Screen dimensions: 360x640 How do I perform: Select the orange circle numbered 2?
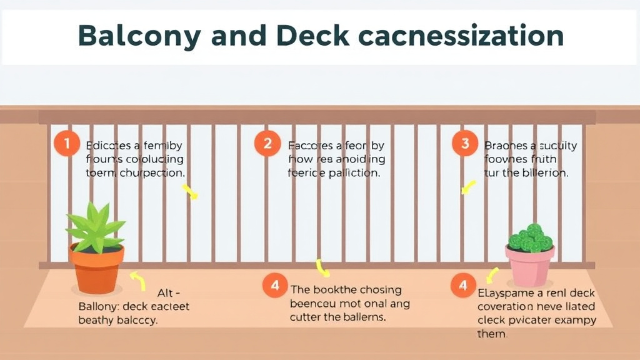pyautogui.click(x=267, y=144)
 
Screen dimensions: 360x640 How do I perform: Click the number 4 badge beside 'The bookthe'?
pyautogui.click(x=275, y=287)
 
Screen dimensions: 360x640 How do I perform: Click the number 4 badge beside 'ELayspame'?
pyautogui.click(x=463, y=286)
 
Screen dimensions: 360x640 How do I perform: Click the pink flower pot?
pyautogui.click(x=529, y=265)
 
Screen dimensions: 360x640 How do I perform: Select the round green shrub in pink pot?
pyautogui.click(x=531, y=238)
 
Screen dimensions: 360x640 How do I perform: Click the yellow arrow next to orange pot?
pyautogui.click(x=137, y=281)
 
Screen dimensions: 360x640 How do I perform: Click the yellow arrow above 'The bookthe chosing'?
pyautogui.click(x=322, y=268)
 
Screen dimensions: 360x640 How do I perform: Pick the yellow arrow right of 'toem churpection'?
pyautogui.click(x=189, y=191)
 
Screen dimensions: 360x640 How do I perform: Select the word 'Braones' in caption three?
pyautogui.click(x=506, y=146)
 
